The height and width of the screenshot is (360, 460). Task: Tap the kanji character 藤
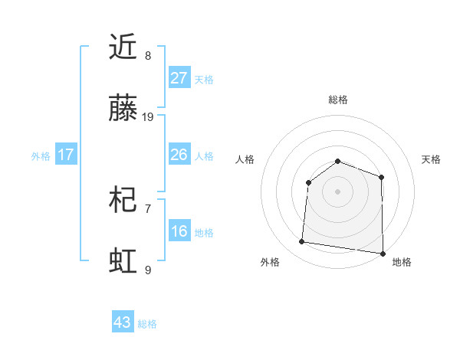[x=124, y=110]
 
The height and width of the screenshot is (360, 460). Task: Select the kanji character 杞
[x=124, y=201]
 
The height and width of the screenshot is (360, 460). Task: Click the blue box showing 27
[x=179, y=78]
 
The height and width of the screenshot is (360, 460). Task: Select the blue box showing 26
[x=179, y=155]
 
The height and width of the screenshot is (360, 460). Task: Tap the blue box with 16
[x=179, y=231]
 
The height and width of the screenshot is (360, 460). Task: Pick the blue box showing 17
[x=66, y=155]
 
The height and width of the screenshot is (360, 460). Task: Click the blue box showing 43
[x=123, y=322]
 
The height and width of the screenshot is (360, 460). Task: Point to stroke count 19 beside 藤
[x=148, y=117]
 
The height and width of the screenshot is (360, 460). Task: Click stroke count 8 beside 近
[x=148, y=55]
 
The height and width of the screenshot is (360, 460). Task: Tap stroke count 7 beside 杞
[x=148, y=208]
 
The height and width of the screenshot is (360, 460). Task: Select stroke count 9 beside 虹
[x=148, y=270]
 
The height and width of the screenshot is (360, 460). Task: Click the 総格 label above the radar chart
[x=338, y=100]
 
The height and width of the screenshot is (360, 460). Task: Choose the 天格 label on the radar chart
[x=431, y=159]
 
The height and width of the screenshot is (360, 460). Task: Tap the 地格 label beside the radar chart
[x=402, y=262]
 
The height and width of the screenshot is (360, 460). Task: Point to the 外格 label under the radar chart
[x=270, y=262]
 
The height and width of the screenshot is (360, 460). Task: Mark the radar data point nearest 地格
[x=382, y=253]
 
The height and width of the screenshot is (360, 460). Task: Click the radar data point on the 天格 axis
[x=382, y=177]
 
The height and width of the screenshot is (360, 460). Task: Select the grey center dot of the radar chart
[x=337, y=191]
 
